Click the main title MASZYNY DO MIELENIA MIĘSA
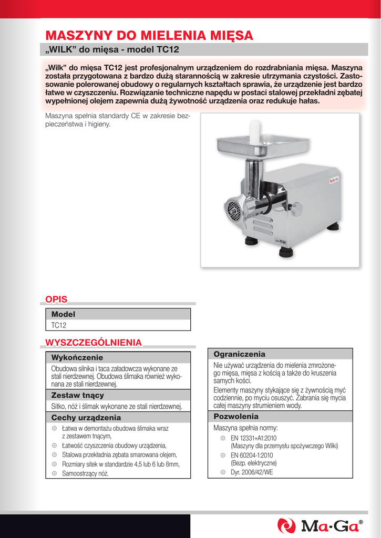[x=149, y=36]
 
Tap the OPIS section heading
[x=56, y=299]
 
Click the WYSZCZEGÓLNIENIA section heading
[x=94, y=343]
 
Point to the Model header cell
[x=63, y=314]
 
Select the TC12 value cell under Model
[x=59, y=325]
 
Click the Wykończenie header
[x=77, y=358]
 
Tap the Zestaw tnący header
[x=77, y=395]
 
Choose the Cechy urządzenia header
[x=86, y=418]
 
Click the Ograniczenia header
[x=239, y=355]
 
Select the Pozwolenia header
[x=236, y=417]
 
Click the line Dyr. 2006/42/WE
[x=252, y=472]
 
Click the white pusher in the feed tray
[x=255, y=131]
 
